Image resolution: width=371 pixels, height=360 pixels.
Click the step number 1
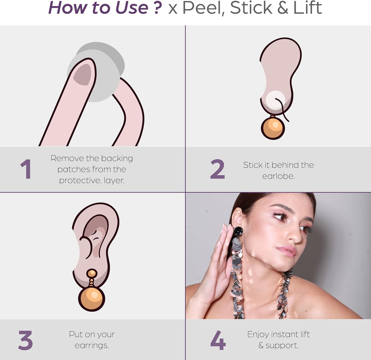pos(26,169)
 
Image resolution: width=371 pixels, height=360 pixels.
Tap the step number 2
pos(217,169)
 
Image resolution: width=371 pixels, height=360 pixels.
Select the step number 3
pos(25,340)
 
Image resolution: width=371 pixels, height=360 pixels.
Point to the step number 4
pos(218,340)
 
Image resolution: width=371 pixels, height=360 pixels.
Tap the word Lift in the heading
pos(307,8)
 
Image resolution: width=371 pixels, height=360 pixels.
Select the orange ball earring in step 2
pos(273,128)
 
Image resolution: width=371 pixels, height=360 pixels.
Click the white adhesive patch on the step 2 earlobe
pos(276,100)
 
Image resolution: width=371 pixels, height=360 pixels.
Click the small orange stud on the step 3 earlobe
pos(91,273)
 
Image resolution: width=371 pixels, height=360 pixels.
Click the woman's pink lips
pos(286,251)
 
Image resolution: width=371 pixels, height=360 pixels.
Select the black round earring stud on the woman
pos(238,232)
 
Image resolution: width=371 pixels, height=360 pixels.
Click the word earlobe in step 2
pos(278,176)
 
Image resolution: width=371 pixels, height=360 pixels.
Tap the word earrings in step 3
pos(91,346)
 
